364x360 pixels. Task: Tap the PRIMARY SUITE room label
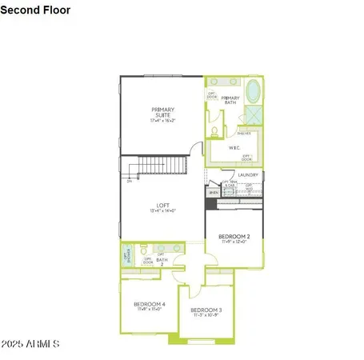(x=164, y=114)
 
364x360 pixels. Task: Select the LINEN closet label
(x=213, y=193)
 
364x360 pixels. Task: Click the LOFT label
(x=163, y=207)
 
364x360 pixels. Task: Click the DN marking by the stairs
(x=128, y=182)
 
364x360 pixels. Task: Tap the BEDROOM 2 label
(x=235, y=238)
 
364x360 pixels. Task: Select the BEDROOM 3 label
(x=207, y=312)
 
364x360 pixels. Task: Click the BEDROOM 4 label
(x=150, y=306)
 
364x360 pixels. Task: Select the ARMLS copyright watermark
(x=31, y=344)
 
